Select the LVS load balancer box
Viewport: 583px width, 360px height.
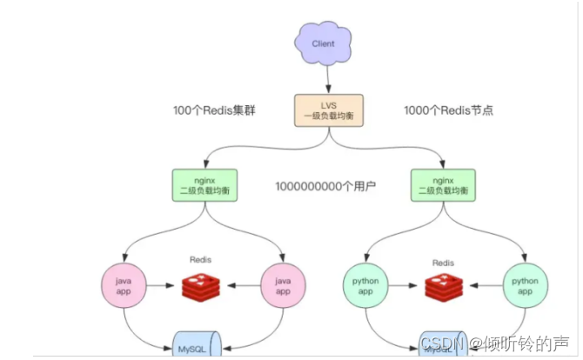click(x=327, y=112)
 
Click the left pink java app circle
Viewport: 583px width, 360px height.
click(x=124, y=284)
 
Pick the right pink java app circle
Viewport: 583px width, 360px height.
click(x=284, y=284)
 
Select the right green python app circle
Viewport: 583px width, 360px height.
click(x=525, y=284)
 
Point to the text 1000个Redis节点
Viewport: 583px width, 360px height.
click(x=449, y=111)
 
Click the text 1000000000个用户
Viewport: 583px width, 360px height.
click(x=325, y=186)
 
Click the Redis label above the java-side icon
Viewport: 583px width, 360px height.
click(x=202, y=259)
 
